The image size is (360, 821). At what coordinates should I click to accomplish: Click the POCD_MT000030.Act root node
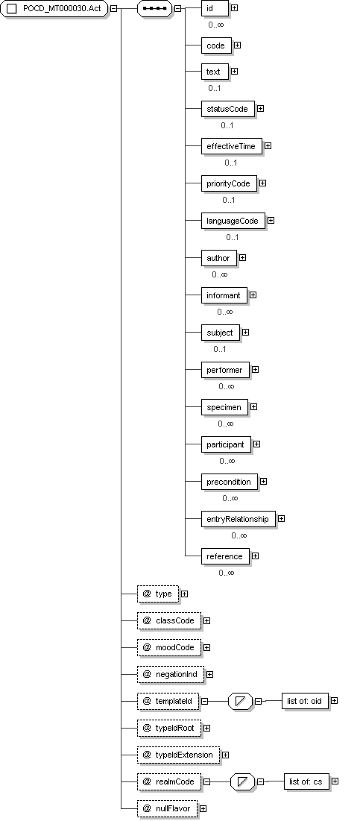[x=54, y=9]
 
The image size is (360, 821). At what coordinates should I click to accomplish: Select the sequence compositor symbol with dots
[x=154, y=9]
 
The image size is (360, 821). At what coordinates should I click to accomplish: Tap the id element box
[x=215, y=8]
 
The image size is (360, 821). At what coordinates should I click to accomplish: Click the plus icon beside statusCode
[x=260, y=109]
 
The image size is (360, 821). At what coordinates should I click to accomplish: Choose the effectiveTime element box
[x=231, y=146]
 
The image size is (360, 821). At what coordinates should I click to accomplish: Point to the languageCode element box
[x=233, y=221]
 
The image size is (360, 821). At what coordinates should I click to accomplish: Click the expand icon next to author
[x=242, y=257]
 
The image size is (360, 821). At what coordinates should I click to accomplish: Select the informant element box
[x=224, y=295]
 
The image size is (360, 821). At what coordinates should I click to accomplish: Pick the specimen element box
[x=224, y=407]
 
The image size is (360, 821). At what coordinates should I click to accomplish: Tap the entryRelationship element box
[x=238, y=519]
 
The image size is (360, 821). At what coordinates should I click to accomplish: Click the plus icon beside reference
[x=255, y=556]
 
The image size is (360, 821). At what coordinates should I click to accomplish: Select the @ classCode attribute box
[x=169, y=620]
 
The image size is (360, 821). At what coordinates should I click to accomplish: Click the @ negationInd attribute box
[x=171, y=674]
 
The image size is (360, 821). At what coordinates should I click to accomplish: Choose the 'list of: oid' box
[x=305, y=701]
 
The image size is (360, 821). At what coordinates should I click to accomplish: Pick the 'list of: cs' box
[x=306, y=781]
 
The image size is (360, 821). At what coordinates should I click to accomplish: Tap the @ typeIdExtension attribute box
[x=178, y=755]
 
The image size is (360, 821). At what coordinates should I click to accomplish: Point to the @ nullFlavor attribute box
[x=168, y=808]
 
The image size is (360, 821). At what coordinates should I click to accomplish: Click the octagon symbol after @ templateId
[x=241, y=701]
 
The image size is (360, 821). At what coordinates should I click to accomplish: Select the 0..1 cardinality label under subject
[x=220, y=349]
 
